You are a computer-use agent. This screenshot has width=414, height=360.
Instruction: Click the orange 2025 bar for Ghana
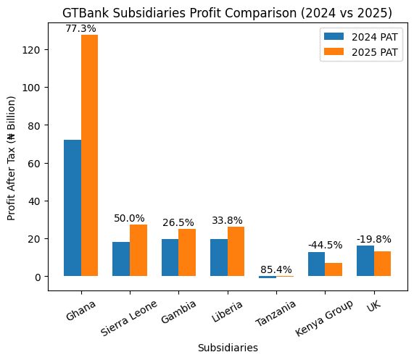point(90,156)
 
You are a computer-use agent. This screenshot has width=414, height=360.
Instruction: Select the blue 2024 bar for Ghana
point(73,208)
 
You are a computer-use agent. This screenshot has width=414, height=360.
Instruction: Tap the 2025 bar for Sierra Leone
point(138,251)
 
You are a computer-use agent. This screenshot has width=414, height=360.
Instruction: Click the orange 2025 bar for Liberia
point(236,251)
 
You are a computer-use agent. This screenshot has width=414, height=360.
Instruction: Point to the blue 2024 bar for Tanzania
point(268,277)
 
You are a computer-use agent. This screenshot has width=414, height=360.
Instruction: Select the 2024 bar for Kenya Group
point(316,264)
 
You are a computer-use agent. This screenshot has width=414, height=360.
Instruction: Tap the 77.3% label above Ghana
point(80,28)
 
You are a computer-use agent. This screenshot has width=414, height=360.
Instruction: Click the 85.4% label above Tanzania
point(276,269)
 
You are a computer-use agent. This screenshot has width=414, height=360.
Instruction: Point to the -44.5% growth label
point(325,246)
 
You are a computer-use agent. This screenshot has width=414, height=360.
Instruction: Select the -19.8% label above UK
point(373,239)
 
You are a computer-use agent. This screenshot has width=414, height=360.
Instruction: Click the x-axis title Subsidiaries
point(228,348)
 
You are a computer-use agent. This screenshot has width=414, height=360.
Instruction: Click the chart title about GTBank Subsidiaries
point(227,12)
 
